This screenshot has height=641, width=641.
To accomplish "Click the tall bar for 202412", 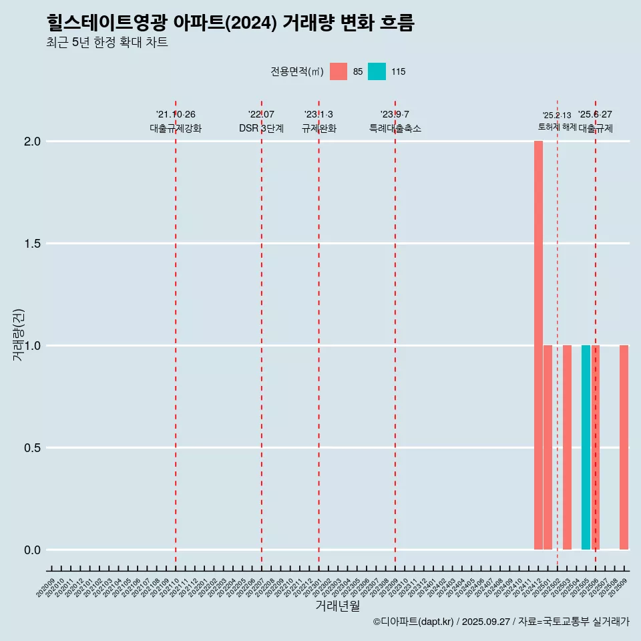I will click(538, 345).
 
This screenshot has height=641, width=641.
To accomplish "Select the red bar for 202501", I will click(548, 447).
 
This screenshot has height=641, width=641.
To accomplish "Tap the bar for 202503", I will click(567, 447).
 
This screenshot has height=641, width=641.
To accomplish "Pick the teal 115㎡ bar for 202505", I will click(586, 447).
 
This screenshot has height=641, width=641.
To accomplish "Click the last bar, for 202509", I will click(624, 447).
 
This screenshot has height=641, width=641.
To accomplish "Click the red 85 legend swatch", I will click(339, 71).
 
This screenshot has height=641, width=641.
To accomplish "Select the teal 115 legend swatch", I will click(377, 71).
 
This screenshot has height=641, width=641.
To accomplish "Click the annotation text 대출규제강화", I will click(176, 128).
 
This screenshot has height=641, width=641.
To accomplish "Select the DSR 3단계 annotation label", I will click(261, 128).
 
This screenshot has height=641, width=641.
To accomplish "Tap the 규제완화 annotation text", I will click(318, 128).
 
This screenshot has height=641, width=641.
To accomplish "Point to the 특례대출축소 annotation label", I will click(395, 128).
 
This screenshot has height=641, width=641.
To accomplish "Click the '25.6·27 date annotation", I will click(595, 115).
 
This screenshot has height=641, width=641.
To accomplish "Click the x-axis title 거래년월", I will click(337, 606).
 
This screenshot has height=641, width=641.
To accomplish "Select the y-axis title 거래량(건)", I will click(19, 335).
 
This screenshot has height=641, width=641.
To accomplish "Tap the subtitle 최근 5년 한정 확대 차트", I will click(107, 43).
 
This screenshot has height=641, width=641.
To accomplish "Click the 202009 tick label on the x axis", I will click(47, 588).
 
